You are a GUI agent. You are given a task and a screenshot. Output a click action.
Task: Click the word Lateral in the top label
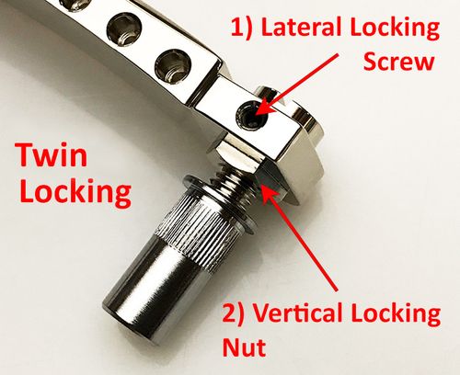(301, 28)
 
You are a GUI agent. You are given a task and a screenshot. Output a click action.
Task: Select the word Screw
(398, 62)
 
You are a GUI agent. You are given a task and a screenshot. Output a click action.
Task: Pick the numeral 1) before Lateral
(241, 28)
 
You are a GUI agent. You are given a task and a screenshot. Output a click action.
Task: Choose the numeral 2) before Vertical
(234, 313)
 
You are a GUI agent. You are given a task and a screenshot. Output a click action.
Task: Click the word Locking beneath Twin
(75, 193)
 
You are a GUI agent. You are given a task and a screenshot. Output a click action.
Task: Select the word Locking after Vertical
(397, 315)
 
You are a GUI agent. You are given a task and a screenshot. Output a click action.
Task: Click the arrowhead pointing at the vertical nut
(269, 194)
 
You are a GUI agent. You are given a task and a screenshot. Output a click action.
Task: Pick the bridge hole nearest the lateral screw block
(173, 66)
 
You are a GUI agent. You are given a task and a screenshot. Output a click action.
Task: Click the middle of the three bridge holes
(124, 29)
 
